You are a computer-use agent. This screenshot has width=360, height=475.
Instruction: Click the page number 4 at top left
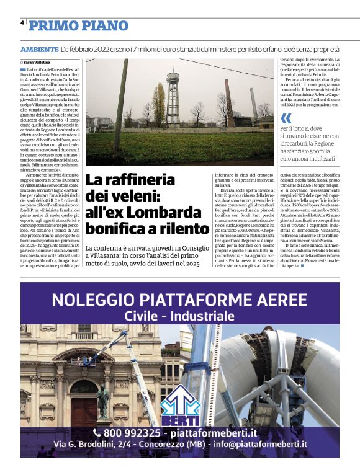click(22, 22)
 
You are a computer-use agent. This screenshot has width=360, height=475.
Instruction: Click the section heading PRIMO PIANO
click(78, 25)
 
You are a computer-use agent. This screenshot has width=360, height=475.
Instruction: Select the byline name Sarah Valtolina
click(37, 63)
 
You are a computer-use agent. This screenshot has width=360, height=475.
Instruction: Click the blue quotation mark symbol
click(286, 118)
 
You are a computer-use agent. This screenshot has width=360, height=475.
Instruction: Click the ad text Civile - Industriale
click(180, 316)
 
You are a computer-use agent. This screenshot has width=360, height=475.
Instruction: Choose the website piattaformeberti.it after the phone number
click(223, 432)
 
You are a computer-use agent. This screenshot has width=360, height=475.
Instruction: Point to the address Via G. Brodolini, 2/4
click(94, 445)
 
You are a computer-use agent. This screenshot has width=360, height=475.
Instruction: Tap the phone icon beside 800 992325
click(97, 432)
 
